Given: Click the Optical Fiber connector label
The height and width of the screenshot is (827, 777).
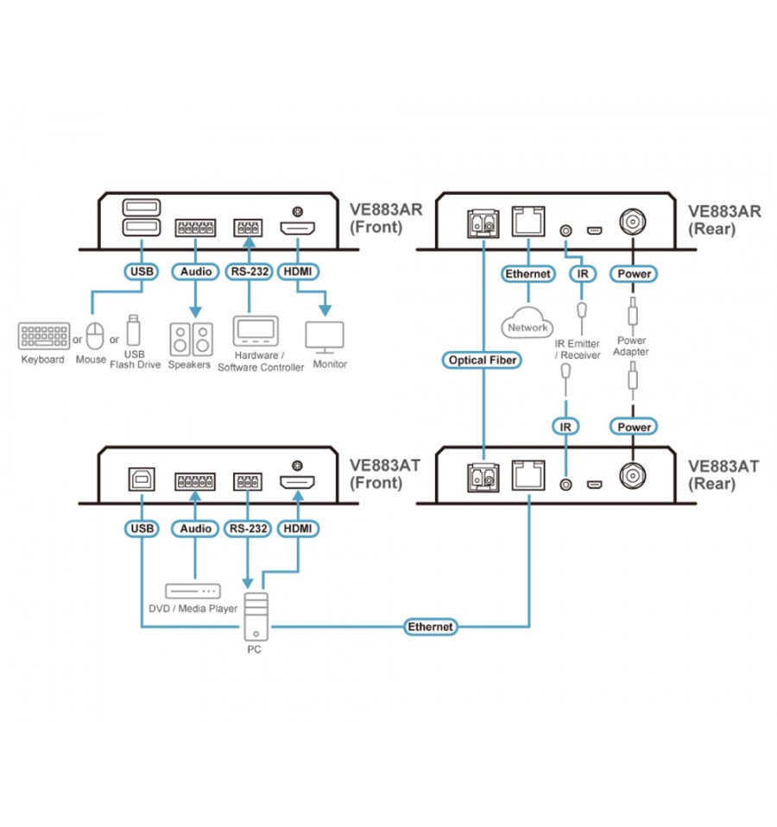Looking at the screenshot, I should [x=483, y=360].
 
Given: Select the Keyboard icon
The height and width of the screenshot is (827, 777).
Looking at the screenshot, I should [x=43, y=336].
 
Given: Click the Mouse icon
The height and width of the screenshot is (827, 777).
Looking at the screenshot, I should [x=95, y=335].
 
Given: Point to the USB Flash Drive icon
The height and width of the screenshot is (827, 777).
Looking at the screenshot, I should [x=133, y=331].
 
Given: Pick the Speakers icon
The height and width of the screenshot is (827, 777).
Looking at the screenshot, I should [x=190, y=340].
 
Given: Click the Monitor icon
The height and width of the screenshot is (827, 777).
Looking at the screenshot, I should [x=325, y=337].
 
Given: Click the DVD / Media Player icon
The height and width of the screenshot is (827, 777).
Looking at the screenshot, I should [x=193, y=591].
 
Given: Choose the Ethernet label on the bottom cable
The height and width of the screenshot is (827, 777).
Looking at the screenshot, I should [x=430, y=627].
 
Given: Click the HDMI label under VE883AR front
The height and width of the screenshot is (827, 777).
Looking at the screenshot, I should [x=299, y=273].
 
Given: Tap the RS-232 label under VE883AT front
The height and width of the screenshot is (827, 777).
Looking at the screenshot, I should [x=248, y=528].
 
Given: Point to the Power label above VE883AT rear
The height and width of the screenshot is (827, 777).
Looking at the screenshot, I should [x=633, y=426].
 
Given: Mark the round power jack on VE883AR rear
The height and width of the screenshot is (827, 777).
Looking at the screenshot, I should [x=632, y=223].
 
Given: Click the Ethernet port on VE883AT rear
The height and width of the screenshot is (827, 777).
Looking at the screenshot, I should [x=526, y=474].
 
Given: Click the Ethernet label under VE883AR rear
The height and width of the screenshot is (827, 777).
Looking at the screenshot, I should [x=527, y=273].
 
